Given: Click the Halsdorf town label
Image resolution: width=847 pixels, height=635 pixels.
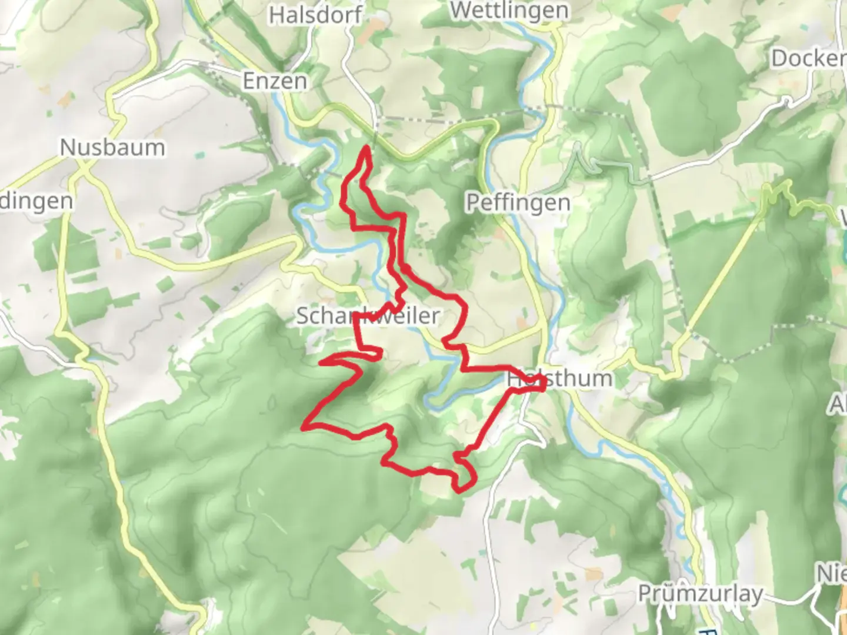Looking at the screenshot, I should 315,15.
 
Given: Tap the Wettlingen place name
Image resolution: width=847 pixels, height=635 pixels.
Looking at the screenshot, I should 509,10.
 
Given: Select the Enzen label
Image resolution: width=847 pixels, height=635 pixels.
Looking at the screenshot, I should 275,81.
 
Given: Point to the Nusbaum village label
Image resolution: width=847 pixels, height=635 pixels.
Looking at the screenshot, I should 112,147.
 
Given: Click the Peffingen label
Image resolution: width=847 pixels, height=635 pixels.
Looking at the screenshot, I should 518,203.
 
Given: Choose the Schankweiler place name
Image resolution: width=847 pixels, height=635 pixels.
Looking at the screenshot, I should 368,316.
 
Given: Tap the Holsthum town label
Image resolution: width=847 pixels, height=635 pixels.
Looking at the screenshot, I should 559,379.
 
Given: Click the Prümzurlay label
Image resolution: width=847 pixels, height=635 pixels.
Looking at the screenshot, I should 700,594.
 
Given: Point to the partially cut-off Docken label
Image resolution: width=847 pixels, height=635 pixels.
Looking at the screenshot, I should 808,58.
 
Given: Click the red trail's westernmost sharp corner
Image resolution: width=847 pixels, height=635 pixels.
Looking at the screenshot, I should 305,425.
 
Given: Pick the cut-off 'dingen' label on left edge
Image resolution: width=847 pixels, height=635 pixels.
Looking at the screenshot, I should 36,201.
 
